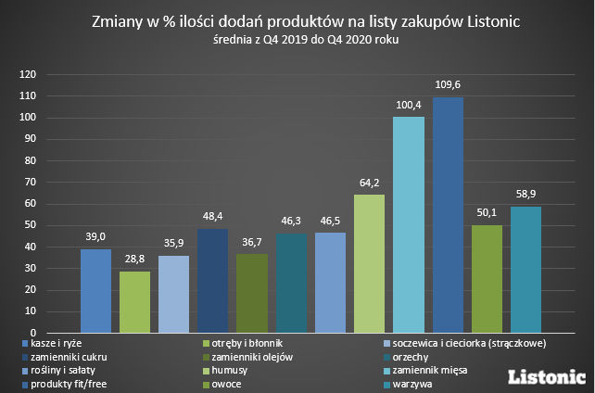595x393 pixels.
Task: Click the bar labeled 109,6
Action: (x=448, y=215)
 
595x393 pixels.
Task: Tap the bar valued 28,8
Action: (x=134, y=301)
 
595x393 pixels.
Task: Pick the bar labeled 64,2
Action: (x=369, y=263)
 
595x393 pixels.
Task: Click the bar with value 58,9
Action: (x=525, y=269)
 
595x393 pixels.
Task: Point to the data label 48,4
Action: (x=212, y=216)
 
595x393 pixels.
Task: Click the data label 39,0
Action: (x=95, y=236)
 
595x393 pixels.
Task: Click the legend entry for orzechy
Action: (x=411, y=357)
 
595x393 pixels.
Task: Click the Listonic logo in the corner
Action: (x=548, y=376)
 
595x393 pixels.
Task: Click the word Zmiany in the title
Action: (x=118, y=20)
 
